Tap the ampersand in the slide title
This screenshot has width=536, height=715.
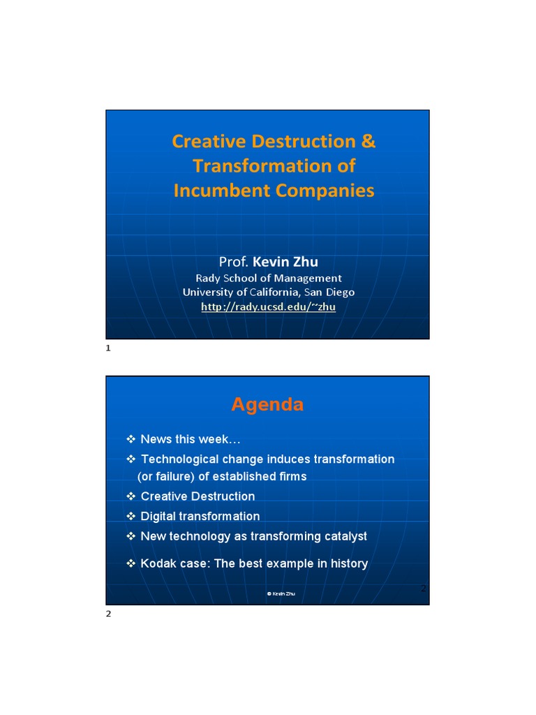coord(368,142)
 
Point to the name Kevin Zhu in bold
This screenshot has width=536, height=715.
coord(285,262)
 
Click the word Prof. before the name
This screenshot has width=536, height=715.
coord(234,262)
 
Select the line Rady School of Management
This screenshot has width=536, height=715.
coord(269,278)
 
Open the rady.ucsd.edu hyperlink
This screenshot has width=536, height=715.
coord(269,307)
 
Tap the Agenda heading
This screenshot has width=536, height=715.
coord(267,405)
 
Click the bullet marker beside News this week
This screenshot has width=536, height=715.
coord(131,438)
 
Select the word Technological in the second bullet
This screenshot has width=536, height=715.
coord(180,459)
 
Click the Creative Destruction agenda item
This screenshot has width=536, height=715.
coord(198,496)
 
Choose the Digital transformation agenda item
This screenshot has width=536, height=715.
coord(200,517)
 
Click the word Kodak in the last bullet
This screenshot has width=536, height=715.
coord(156,563)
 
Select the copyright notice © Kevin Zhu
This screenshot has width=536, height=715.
coord(281,594)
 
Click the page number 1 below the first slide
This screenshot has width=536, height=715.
coord(108,348)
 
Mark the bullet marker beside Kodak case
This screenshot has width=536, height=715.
coord(131,563)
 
